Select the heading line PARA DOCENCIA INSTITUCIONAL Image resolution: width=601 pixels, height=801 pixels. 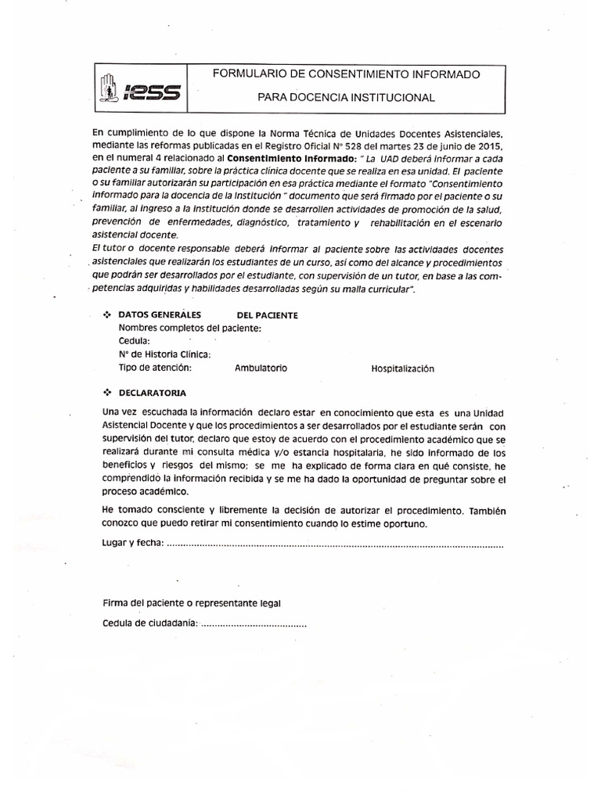tap(347, 98)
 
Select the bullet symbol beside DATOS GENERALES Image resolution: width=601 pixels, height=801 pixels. tap(108, 314)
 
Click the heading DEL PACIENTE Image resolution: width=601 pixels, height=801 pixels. tap(267, 315)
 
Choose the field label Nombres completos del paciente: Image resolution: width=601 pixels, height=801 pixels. tap(190, 328)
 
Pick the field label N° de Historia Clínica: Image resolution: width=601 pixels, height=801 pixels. tap(165, 354)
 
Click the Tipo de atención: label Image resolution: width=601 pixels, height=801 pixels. tap(155, 368)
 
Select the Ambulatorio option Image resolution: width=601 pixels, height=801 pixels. tap(261, 368)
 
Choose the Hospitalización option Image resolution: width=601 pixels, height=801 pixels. tap(402, 369)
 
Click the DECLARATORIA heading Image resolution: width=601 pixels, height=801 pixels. tap(153, 393)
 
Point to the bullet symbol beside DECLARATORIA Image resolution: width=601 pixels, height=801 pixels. tap(108, 392)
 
